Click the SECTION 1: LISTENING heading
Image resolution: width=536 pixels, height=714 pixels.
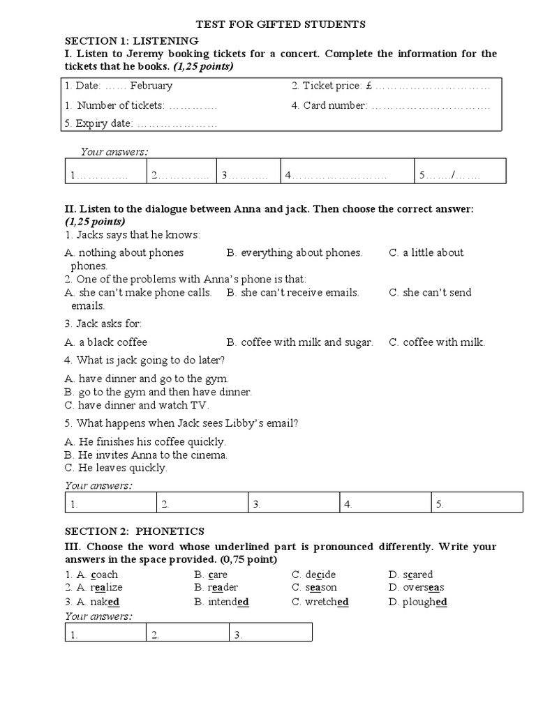[131, 40]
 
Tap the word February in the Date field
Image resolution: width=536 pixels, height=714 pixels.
[151, 86]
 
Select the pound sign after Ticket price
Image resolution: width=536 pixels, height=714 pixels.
[368, 86]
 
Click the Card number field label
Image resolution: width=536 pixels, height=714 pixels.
[329, 105]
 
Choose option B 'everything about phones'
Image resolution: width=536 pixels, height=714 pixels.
[295, 252]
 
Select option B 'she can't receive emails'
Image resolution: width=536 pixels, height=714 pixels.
[293, 292]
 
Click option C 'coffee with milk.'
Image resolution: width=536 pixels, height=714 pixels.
[437, 342]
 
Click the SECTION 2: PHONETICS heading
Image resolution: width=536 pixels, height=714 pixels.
[135, 531]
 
